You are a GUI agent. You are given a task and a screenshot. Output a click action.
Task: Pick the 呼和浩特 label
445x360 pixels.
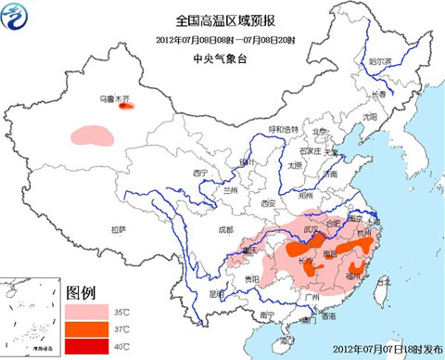coord(285,128)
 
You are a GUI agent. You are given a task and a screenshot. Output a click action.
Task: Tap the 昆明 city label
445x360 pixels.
coord(217,293)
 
